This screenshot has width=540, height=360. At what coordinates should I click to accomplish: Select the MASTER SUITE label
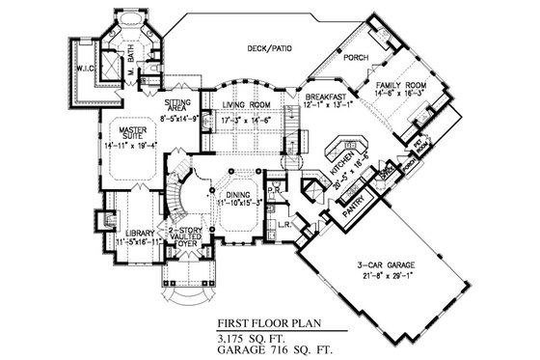pos(126,131)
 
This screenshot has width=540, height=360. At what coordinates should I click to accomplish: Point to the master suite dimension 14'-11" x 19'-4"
pos(126,146)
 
